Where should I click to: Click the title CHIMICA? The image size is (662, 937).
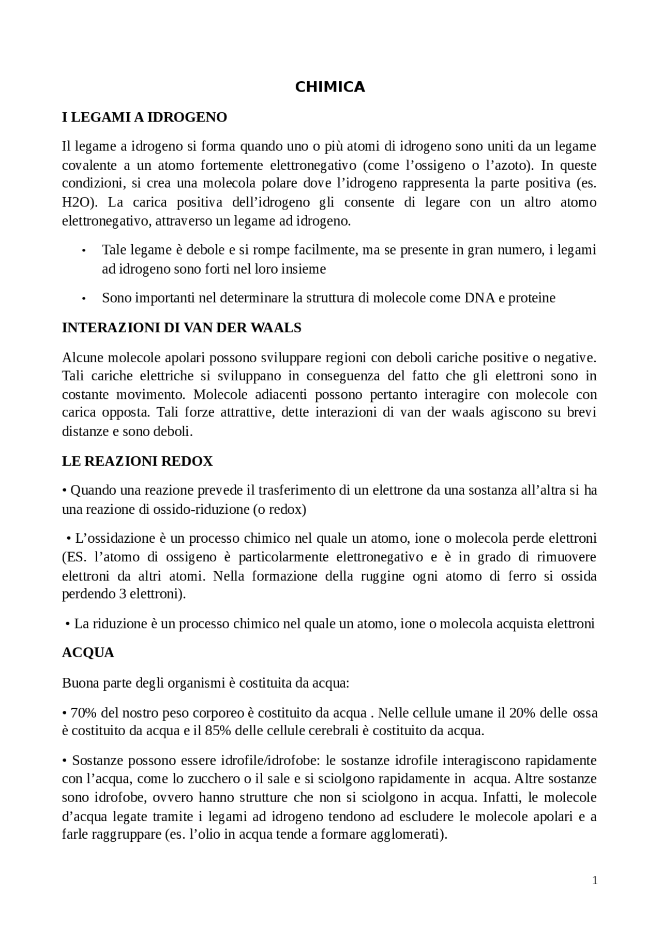click(330, 87)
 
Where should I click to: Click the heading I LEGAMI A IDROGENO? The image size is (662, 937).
click(144, 117)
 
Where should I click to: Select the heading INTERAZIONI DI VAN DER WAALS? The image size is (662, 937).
click(182, 328)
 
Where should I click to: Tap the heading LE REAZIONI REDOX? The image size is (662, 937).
click(137, 461)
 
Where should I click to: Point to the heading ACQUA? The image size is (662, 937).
click(88, 653)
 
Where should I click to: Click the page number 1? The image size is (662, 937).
click(595, 881)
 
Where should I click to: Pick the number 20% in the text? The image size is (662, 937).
click(522, 713)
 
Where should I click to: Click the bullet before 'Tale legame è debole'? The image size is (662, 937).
click(83, 251)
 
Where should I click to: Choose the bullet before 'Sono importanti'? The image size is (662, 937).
click(83, 299)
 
